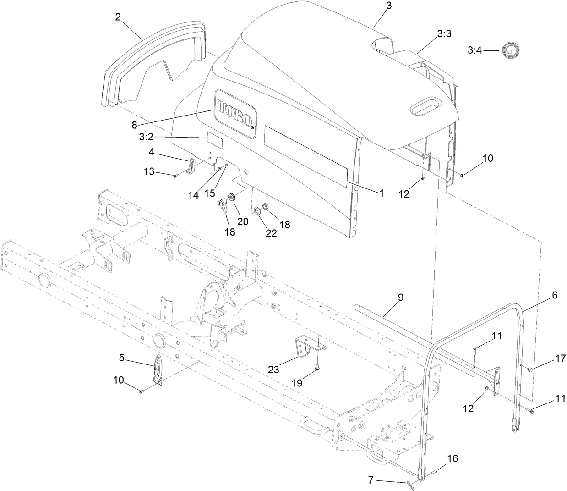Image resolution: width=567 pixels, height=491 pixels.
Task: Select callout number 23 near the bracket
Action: click(x=274, y=370)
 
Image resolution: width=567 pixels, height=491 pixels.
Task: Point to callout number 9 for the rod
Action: click(x=400, y=298)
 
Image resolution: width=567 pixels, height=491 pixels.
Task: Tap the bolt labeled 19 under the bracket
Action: click(x=316, y=366)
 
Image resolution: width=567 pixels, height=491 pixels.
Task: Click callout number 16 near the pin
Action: click(x=452, y=458)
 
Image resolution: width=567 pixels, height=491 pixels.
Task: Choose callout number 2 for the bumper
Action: click(x=118, y=17)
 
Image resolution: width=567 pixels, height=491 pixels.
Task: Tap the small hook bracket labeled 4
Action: click(x=191, y=166)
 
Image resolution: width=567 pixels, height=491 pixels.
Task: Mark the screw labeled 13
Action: click(x=175, y=176)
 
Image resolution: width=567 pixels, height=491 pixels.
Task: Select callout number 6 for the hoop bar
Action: click(x=555, y=296)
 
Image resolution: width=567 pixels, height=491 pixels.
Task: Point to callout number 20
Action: click(x=242, y=221)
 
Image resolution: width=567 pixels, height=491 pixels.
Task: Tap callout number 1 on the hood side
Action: click(x=382, y=193)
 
